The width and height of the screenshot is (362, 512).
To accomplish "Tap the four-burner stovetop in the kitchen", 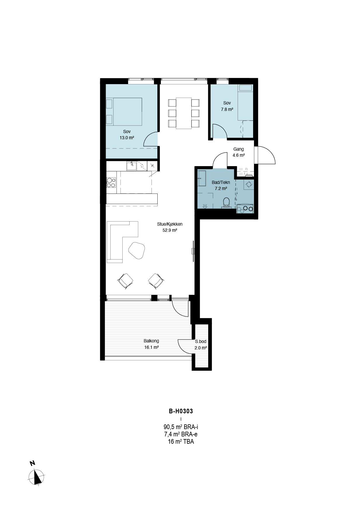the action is pyautogui.click(x=111, y=183).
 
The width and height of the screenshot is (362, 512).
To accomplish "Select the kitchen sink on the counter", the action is pyautogui.click(x=131, y=166).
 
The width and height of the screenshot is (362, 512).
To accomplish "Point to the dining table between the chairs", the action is pyautogui.click(x=184, y=113).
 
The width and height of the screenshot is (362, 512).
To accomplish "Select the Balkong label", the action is pyautogui.click(x=151, y=341).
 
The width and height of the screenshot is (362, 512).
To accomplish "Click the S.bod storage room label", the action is pyautogui.click(x=201, y=342).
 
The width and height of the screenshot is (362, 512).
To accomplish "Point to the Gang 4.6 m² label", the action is pyautogui.click(x=239, y=152).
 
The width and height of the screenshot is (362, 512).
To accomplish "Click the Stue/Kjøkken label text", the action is pyautogui.click(x=170, y=224).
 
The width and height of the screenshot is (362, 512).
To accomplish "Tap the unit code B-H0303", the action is pyautogui.click(x=181, y=411).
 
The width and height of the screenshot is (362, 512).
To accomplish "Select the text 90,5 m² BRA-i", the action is pyautogui.click(x=181, y=427).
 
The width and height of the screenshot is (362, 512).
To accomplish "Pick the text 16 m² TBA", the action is pyautogui.click(x=181, y=441).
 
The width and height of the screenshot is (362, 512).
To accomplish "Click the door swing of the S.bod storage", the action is pyautogui.click(x=185, y=346).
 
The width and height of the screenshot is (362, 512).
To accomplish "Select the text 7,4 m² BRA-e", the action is pyautogui.click(x=181, y=434).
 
